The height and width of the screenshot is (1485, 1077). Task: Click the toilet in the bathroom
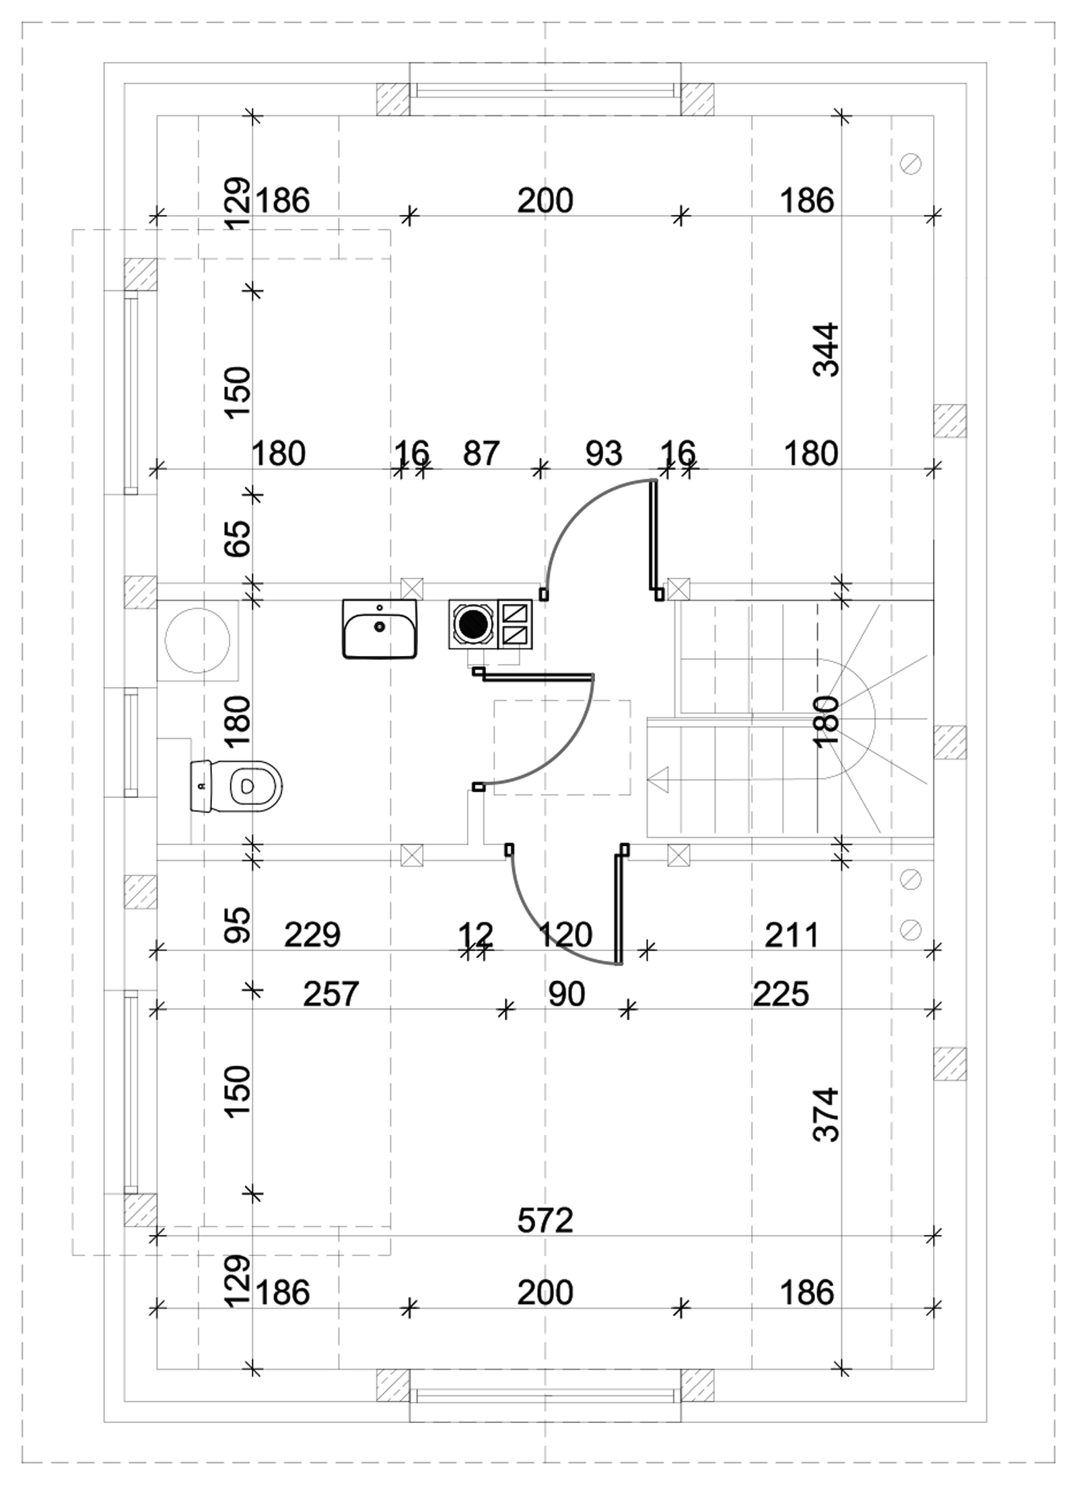[236, 786]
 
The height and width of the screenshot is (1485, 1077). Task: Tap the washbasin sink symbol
[380, 628]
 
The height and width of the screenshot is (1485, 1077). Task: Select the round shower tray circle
[198, 639]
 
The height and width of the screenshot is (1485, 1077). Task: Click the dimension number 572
[545, 1220]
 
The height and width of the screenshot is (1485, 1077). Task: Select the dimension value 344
[827, 350]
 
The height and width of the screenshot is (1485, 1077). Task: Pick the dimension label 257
[331, 993]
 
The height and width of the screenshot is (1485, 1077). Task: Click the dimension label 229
[312, 934]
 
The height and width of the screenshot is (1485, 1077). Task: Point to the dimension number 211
[792, 934]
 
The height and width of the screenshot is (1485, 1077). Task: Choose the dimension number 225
[781, 993]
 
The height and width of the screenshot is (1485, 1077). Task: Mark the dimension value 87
[481, 453]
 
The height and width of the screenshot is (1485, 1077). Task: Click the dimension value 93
[604, 453]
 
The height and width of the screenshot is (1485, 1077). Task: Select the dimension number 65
[237, 538]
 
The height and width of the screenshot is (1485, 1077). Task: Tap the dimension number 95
[237, 925]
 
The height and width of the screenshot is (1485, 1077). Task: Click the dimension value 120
[565, 934]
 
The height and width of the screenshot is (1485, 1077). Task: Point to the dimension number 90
[567, 993]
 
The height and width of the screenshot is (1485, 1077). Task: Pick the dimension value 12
[476, 934]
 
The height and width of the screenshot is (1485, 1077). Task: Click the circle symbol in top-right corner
[911, 164]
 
